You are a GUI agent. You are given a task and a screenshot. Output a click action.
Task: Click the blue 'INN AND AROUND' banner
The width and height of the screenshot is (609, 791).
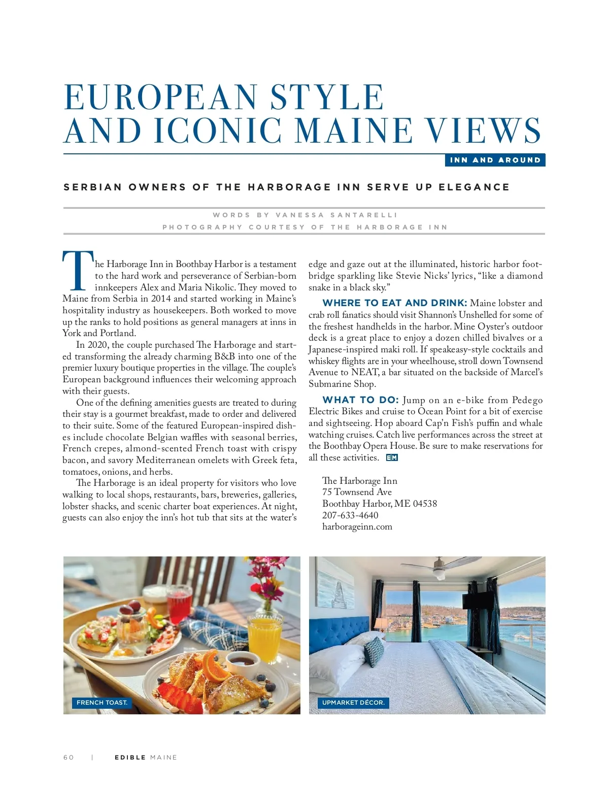tap(495, 160)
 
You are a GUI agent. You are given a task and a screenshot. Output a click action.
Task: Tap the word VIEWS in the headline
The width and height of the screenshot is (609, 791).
tap(483, 131)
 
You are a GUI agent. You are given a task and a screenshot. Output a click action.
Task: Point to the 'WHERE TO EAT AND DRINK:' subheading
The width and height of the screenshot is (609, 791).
tap(394, 303)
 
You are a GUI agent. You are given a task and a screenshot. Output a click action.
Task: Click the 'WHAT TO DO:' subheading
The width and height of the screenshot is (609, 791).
tap(360, 400)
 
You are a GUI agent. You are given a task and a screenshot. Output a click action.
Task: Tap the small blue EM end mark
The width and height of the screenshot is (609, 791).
tap(392, 457)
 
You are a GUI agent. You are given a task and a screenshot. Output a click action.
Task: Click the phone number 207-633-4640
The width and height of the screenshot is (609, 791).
tap(350, 515)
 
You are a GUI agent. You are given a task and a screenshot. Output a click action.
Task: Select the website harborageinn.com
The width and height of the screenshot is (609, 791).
tap(357, 526)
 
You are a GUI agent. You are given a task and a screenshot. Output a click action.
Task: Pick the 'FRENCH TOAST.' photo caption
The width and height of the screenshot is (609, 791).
tap(102, 703)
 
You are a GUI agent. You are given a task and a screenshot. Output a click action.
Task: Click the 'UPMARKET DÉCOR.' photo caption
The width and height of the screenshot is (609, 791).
tap(353, 703)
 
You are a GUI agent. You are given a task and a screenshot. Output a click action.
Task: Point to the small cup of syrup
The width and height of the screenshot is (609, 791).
tap(242, 662)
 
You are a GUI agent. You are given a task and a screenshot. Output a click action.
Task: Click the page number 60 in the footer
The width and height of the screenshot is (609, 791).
tap(69, 757)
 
